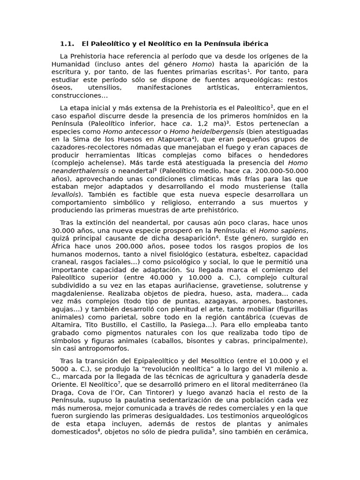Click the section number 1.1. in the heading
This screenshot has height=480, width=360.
(x=67, y=44)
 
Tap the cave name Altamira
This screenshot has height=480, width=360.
(x=66, y=325)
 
